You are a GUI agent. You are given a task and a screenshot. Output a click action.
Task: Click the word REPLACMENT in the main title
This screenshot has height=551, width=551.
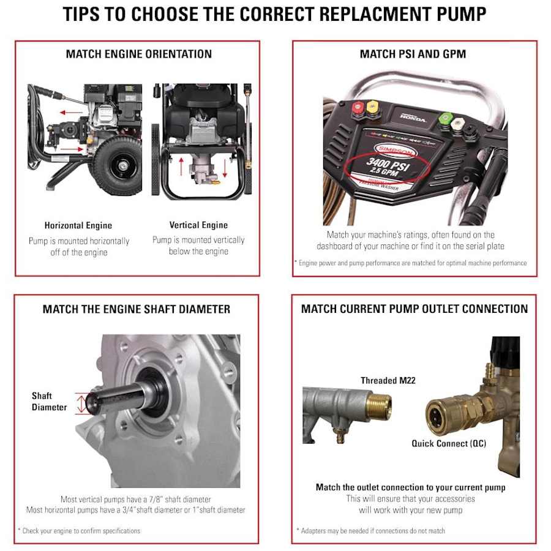[375, 15]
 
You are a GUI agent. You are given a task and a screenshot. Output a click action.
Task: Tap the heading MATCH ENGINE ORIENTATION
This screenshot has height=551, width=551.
[139, 54]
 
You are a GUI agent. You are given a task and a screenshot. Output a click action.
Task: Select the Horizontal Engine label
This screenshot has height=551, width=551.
[78, 225]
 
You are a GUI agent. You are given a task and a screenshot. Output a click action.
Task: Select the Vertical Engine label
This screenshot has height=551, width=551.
[198, 225]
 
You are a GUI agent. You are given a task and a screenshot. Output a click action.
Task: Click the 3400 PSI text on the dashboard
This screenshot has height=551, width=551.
[388, 163]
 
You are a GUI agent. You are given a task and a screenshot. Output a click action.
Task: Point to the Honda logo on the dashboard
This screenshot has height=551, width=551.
[413, 118]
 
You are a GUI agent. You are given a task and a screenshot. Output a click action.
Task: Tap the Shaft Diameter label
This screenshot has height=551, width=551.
[49, 402]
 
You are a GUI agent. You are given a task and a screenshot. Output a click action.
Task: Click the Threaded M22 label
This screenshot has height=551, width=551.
[388, 381]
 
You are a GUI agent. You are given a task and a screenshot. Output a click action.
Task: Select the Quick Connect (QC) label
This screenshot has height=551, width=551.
[449, 443]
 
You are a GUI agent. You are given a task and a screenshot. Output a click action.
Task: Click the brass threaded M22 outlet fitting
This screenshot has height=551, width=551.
[379, 407]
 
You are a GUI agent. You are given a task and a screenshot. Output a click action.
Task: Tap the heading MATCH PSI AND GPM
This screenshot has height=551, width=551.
[413, 54]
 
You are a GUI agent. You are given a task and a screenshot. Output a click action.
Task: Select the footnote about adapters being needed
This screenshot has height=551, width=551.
[371, 531]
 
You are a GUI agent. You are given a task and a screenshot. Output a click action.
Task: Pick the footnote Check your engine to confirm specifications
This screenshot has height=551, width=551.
[80, 531]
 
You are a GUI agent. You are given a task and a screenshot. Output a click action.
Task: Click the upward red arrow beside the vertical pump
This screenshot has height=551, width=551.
[181, 167]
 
